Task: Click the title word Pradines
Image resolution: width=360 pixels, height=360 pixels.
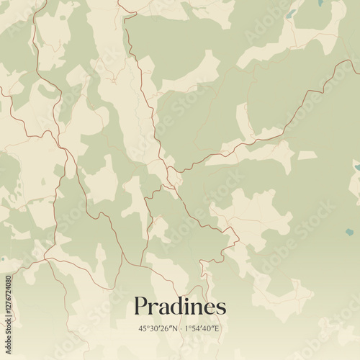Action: pos(179,307)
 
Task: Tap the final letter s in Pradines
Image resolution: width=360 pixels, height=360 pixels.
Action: pos(220,309)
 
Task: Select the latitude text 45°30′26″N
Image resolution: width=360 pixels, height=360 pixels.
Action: pos(160,328)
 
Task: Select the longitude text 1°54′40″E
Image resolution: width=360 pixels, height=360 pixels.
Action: pos(202,328)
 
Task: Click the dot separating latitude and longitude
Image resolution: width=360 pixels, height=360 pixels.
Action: pos(181,328)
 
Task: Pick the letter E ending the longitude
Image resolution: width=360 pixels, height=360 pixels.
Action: pos(217,328)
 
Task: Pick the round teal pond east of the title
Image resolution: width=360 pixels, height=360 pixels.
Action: pos(349,233)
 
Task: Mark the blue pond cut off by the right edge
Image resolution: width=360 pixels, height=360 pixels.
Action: pos(357,167)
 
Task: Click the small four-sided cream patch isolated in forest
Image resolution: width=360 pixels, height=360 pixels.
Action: pos(307,155)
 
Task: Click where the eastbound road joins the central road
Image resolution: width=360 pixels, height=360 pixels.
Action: pos(171,172)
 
